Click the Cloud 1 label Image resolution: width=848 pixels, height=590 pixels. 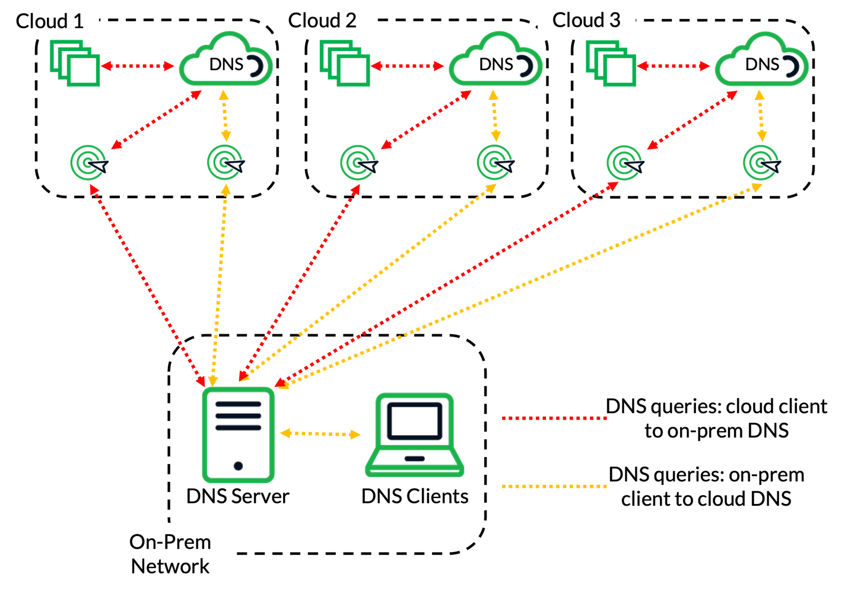point(50,21)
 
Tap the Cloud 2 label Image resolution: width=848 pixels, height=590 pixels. point(322,20)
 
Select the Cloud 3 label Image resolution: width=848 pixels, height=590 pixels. point(586,20)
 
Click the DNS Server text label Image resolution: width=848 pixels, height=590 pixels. point(237,496)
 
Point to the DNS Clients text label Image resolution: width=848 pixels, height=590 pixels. point(415,496)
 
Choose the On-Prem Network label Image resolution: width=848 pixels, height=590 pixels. point(170,554)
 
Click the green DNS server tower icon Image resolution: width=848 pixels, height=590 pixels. point(238,434)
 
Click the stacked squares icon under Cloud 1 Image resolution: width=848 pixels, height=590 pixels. point(75,63)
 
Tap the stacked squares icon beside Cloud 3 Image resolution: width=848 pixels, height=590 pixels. point(612,63)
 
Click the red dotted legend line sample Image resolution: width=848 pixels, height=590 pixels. point(554,418)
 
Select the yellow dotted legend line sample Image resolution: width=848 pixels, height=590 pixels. point(554,486)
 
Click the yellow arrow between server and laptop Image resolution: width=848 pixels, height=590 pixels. point(320,434)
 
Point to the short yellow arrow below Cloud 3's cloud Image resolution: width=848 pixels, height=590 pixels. point(761,116)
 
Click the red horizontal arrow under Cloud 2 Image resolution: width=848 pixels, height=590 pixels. point(407,66)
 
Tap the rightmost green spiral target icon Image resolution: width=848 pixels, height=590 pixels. point(760,162)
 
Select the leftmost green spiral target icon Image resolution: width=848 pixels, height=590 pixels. point(87,162)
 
